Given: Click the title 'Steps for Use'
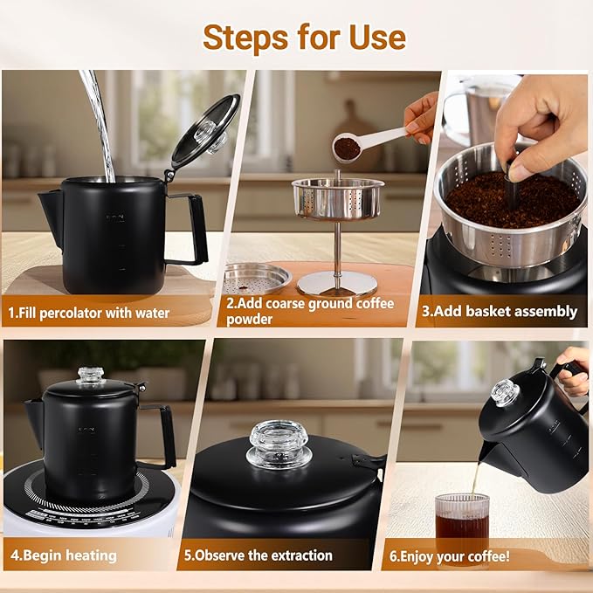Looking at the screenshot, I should [304, 38].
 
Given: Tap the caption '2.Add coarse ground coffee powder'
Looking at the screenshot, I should [310, 311].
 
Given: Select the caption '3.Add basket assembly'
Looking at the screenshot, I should [500, 311].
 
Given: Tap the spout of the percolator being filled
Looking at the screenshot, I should [51, 214].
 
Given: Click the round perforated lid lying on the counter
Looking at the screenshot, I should [255, 278].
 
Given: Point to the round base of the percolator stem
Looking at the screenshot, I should [337, 282].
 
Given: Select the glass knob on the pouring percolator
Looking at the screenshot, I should [504, 392].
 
